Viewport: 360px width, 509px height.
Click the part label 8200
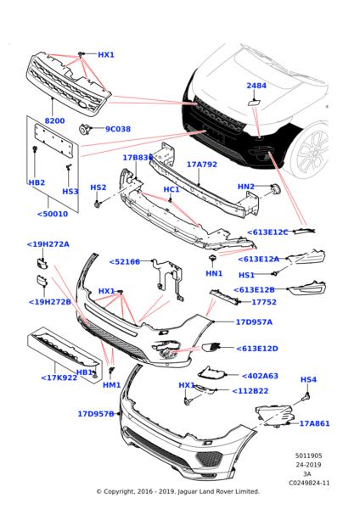(x=54, y=120)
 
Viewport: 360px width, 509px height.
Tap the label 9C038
(x=118, y=129)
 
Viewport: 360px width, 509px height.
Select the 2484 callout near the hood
(x=256, y=86)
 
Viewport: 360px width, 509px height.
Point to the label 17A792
(x=202, y=165)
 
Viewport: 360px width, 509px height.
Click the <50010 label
(x=53, y=214)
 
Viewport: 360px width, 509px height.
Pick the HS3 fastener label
(x=70, y=192)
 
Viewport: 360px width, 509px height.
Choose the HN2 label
(x=246, y=187)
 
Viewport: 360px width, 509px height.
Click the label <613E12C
(x=267, y=232)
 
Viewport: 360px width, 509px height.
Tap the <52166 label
(x=125, y=262)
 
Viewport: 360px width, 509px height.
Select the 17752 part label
(x=264, y=302)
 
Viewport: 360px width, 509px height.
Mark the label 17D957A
(x=254, y=322)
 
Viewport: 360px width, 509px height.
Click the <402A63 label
(x=260, y=376)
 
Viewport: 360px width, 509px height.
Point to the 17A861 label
(x=314, y=423)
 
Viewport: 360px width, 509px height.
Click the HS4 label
(x=308, y=379)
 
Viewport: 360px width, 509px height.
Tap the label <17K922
(x=59, y=378)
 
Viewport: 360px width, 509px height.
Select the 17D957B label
(x=96, y=414)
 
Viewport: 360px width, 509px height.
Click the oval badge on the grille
(x=82, y=105)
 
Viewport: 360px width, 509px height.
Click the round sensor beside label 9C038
(x=84, y=129)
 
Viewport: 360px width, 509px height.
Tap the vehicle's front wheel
(x=309, y=151)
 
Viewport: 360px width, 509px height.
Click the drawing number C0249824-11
(x=309, y=483)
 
